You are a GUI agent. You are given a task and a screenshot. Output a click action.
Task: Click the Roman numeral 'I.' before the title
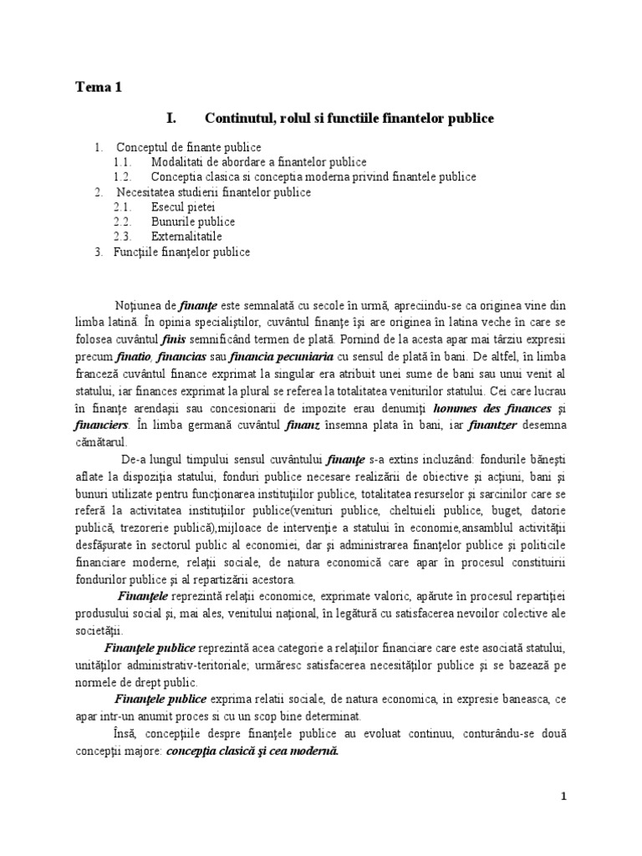(x=173, y=119)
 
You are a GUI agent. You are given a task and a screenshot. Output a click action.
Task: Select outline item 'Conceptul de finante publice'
(x=189, y=148)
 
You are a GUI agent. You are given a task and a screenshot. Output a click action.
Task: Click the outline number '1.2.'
(x=123, y=177)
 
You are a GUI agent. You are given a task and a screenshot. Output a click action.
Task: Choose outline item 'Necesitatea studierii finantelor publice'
(x=213, y=192)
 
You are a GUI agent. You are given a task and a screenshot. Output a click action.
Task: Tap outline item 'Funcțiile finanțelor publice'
(x=182, y=252)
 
